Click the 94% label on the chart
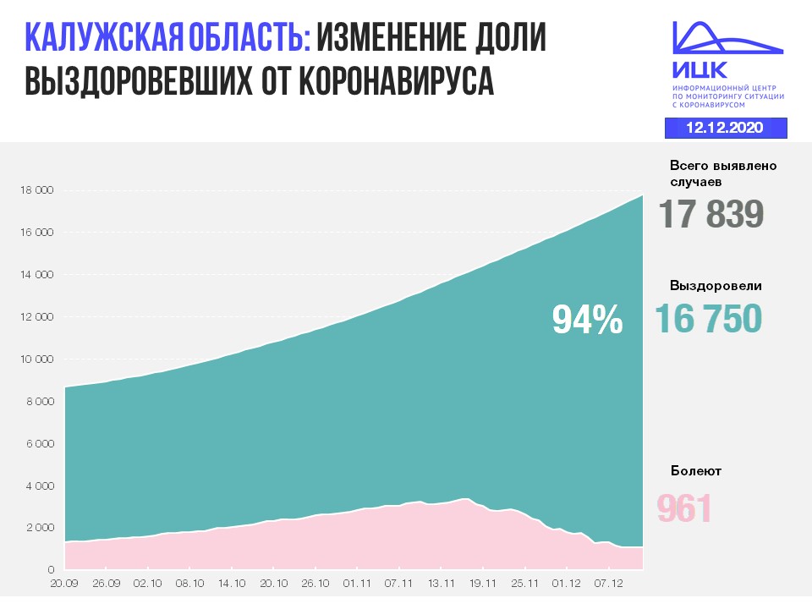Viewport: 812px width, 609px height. [587, 320]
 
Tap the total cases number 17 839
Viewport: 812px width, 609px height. [711, 214]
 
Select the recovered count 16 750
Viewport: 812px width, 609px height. [709, 318]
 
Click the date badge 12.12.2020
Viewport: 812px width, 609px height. [725, 128]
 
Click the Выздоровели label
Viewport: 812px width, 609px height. [716, 286]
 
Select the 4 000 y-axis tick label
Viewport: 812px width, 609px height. [39, 486]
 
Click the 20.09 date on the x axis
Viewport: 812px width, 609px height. [64, 583]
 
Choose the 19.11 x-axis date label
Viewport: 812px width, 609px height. [482, 583]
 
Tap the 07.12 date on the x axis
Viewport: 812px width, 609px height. [607, 583]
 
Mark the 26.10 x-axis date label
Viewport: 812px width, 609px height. [315, 583]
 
